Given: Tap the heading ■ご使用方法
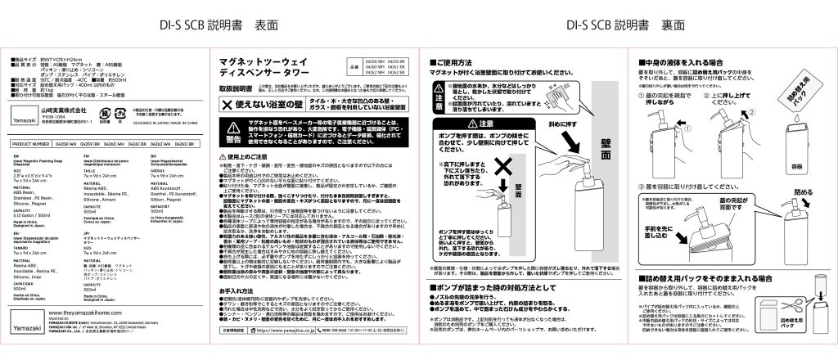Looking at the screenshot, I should click(458, 62).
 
